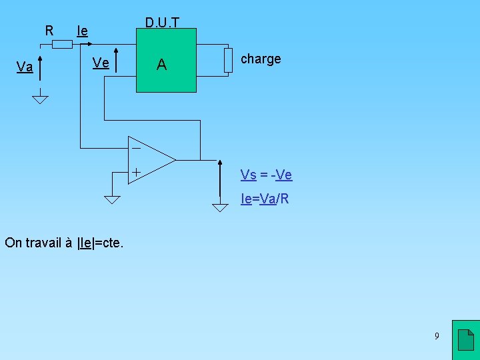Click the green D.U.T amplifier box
tap(166, 60)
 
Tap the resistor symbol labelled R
tap(62, 45)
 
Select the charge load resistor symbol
tap(228, 60)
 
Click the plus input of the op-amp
tap(135, 172)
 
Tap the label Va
tap(25, 67)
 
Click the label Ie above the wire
tap(83, 31)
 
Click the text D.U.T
tap(163, 23)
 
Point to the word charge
tap(261, 59)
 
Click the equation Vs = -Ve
tap(266, 175)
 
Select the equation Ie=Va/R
tap(265, 198)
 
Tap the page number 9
tap(437, 336)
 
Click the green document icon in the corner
tap(466, 339)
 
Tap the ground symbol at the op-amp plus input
tap(112, 199)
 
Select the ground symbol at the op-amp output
tap(221, 207)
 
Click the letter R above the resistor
tap(49, 30)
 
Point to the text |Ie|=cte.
tap(101, 243)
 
